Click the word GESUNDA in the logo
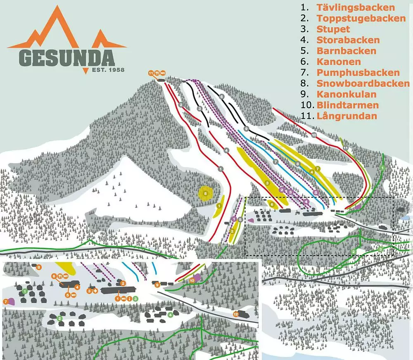(66, 58)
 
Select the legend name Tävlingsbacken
(356, 7)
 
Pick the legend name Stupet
(333, 29)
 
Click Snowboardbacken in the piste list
(363, 83)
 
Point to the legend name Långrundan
(347, 116)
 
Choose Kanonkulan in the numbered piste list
(347, 94)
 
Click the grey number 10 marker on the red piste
(314, 135)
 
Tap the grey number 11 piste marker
(345, 148)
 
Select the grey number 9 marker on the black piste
(246, 129)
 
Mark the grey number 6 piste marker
(222, 97)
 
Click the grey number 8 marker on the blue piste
(297, 164)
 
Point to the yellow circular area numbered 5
(205, 193)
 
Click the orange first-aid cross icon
(95, 291)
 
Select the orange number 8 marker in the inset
(38, 268)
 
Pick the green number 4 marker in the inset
(170, 315)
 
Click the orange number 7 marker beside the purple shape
(5, 302)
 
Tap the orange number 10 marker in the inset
(192, 280)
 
